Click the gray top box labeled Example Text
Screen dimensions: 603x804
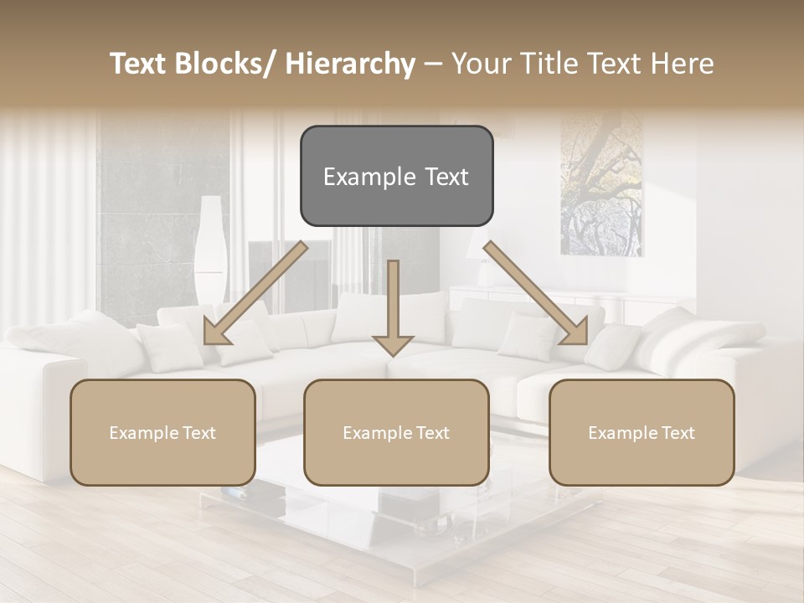[x=396, y=176]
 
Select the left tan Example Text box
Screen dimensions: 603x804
[x=162, y=432]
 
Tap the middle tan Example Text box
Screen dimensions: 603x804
[x=396, y=432]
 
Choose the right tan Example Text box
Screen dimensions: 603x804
[x=642, y=432]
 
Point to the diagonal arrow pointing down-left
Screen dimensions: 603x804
[x=255, y=293]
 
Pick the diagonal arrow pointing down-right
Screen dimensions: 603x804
[x=536, y=293]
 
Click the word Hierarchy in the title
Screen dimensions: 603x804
[x=350, y=64]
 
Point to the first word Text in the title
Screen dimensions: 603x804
[x=139, y=64]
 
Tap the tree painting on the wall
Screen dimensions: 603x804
[x=601, y=184]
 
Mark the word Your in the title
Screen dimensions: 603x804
[x=478, y=64]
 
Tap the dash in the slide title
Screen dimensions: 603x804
[x=433, y=65]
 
